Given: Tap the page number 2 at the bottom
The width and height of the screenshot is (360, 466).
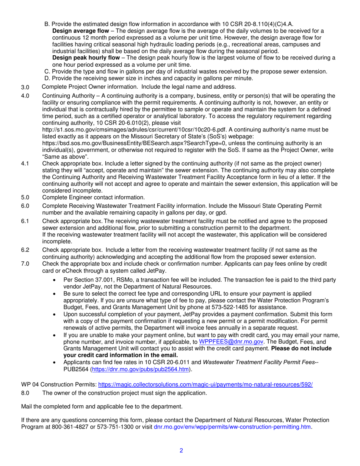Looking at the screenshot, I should pos(181,451).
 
